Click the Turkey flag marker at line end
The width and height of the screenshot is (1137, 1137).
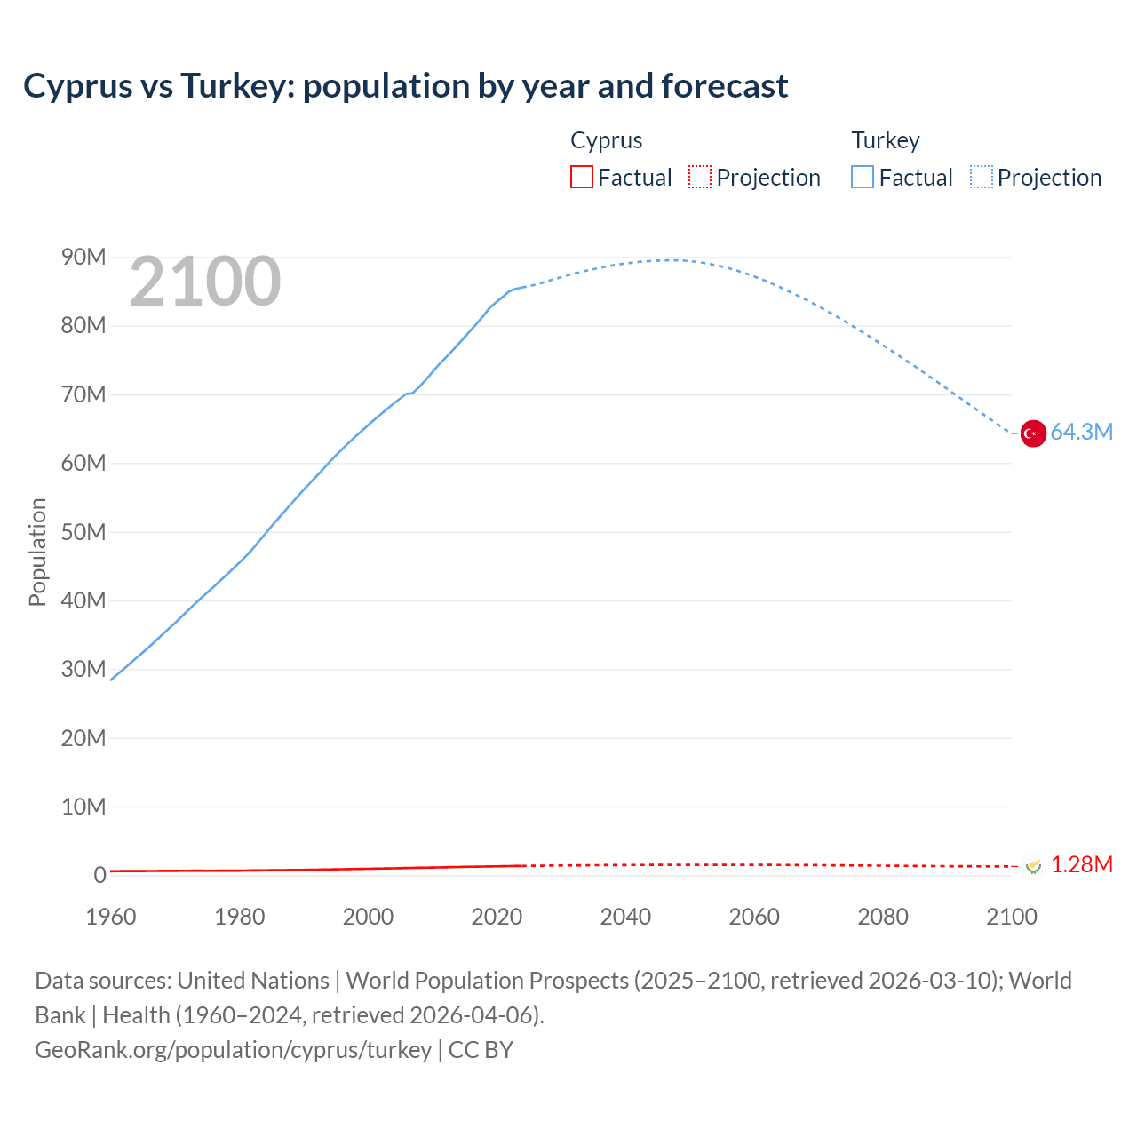point(1033,433)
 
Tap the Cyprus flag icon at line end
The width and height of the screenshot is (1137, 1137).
point(1033,865)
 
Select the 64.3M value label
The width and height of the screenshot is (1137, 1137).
point(1081,433)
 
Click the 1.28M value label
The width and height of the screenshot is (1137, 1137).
point(1081,865)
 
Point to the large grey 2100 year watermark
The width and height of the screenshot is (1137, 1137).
point(205,282)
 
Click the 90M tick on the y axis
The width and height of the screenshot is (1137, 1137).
point(83,258)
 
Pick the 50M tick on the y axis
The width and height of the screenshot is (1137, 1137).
point(83,532)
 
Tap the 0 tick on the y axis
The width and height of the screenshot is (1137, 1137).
point(99,876)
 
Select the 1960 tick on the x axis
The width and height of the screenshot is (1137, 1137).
point(111,917)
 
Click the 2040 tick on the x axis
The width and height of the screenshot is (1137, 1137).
point(625,917)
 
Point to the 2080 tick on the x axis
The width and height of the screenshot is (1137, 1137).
point(883,917)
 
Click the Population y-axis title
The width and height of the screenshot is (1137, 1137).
point(37,552)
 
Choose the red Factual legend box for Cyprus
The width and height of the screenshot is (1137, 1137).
point(582,178)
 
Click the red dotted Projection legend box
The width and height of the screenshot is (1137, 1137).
point(700,178)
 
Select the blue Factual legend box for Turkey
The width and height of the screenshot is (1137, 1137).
point(863,178)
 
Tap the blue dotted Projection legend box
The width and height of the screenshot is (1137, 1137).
point(982,178)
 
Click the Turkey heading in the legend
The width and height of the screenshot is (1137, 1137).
point(886,140)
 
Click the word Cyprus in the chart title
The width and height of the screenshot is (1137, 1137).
point(77,86)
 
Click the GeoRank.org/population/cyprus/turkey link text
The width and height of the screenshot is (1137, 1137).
point(233,1050)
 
